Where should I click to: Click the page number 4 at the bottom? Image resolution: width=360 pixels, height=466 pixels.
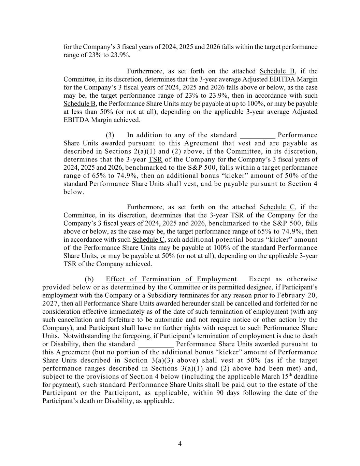[x=180, y=444]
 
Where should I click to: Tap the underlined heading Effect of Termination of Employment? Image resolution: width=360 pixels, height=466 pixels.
[x=171, y=279]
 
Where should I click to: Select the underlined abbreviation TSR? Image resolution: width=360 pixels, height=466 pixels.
[x=155, y=159]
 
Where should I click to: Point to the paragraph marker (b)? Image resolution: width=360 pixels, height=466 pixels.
[x=89, y=279]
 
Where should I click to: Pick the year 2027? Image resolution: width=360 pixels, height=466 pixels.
[x=50, y=303]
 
